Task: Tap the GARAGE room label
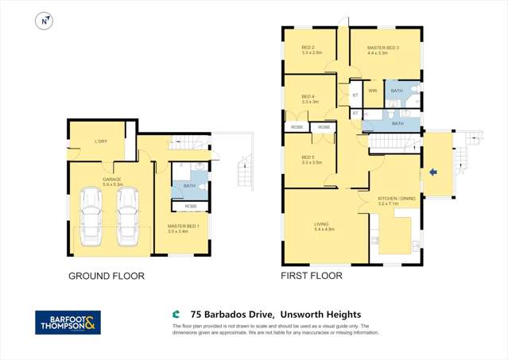[x=112, y=180]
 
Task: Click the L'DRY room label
[x=101, y=141]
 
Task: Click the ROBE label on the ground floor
[x=191, y=206]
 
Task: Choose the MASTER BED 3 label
[x=382, y=48]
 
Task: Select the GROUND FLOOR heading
[x=107, y=277]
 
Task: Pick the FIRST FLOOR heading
[x=312, y=277]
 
